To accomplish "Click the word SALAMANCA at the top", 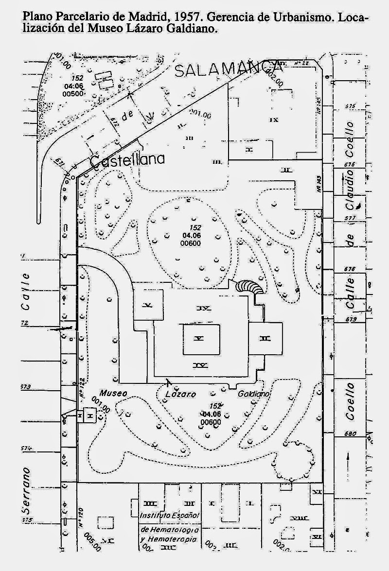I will coord(229,69).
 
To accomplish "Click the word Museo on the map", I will coord(114,393).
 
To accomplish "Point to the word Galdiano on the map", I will coord(253,394).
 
